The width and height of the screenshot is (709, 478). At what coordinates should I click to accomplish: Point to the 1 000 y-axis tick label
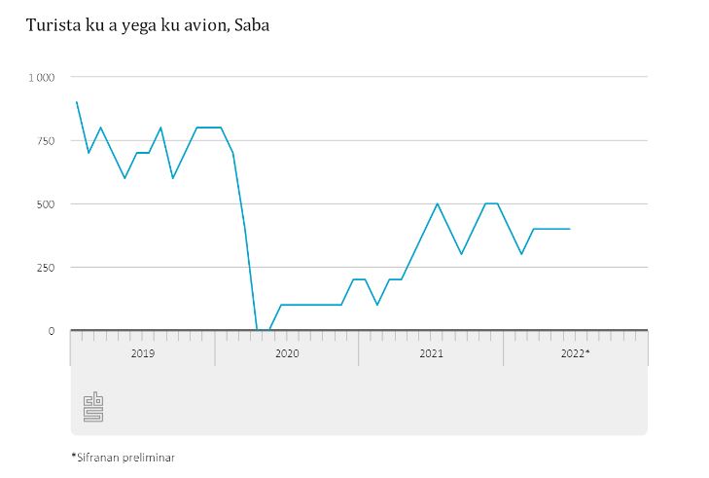point(41,77)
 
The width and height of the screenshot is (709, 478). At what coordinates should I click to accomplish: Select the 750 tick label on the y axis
point(45,140)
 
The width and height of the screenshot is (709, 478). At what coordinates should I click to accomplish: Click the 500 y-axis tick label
point(45,203)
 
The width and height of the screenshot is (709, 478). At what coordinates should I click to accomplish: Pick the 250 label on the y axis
point(45,267)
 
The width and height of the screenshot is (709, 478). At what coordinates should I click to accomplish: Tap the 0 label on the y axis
point(52,331)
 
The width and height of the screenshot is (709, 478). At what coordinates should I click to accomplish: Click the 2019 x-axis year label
point(142,353)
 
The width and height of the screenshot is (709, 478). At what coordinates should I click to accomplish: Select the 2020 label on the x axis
point(287,353)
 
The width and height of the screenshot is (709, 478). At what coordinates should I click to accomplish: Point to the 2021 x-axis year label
point(431,353)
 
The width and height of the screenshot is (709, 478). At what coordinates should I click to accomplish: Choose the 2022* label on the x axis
point(576,353)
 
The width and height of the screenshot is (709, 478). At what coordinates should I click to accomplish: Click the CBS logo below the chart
point(93,407)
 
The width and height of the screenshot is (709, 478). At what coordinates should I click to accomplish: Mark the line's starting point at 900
point(77,102)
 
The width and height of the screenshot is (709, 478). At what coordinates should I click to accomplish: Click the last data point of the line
point(569,229)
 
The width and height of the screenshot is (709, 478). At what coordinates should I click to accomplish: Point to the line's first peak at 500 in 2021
point(438,203)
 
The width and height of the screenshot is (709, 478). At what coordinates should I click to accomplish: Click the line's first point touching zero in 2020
point(257,330)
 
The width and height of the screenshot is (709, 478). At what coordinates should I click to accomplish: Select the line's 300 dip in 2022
point(521,254)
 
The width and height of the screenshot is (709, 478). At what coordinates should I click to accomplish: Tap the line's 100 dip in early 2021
point(377,305)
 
